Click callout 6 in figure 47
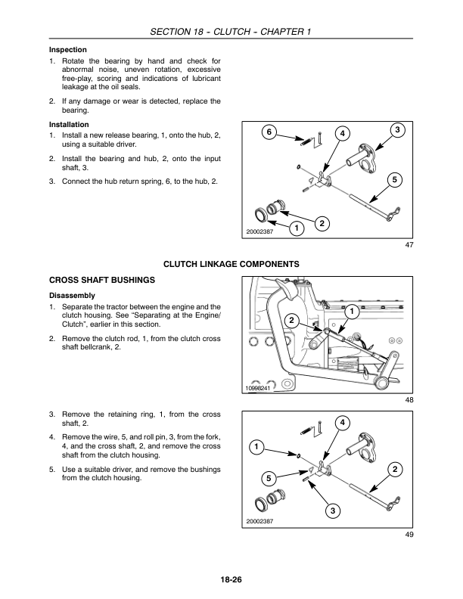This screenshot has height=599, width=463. [x=266, y=133]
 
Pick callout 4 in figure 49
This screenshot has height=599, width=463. [x=342, y=421]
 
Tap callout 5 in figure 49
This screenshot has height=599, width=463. [x=267, y=478]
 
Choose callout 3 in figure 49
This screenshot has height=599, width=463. [x=331, y=513]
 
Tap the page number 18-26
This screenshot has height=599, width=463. [x=231, y=580]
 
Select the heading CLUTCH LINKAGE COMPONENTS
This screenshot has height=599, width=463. [x=231, y=263]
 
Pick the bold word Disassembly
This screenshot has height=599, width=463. [x=71, y=294]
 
